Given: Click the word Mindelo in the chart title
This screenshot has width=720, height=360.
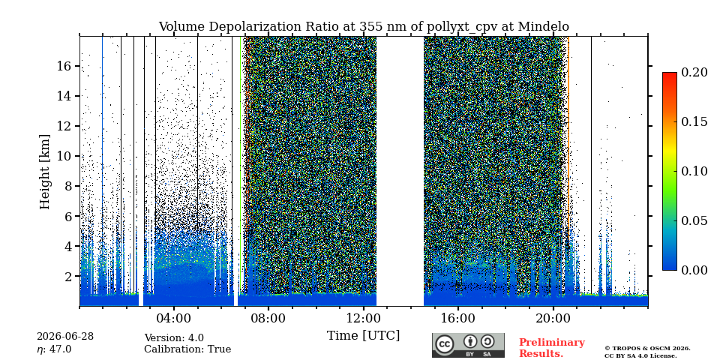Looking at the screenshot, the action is (544, 27).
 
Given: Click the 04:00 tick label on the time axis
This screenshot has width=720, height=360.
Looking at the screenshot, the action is (173, 318).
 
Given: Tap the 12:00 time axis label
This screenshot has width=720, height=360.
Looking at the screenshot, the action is (363, 318).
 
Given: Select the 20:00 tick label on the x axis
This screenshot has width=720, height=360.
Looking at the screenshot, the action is (553, 318).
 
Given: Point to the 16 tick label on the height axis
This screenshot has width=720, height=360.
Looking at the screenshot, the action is (64, 66).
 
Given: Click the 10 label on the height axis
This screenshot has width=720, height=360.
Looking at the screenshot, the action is (64, 156).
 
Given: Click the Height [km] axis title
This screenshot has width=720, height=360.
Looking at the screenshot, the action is (44, 172).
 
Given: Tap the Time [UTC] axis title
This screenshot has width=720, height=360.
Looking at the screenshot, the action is (363, 336).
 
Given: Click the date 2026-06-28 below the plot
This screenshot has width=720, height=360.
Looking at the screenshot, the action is (65, 337).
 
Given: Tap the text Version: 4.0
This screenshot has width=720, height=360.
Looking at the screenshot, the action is (174, 338).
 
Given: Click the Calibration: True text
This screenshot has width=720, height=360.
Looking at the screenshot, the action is (187, 349).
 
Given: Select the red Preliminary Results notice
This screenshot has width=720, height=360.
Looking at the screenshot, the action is (552, 348).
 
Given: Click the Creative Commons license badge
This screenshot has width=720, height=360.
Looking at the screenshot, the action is (468, 345).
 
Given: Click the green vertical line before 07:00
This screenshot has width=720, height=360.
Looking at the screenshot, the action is (241, 165).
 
